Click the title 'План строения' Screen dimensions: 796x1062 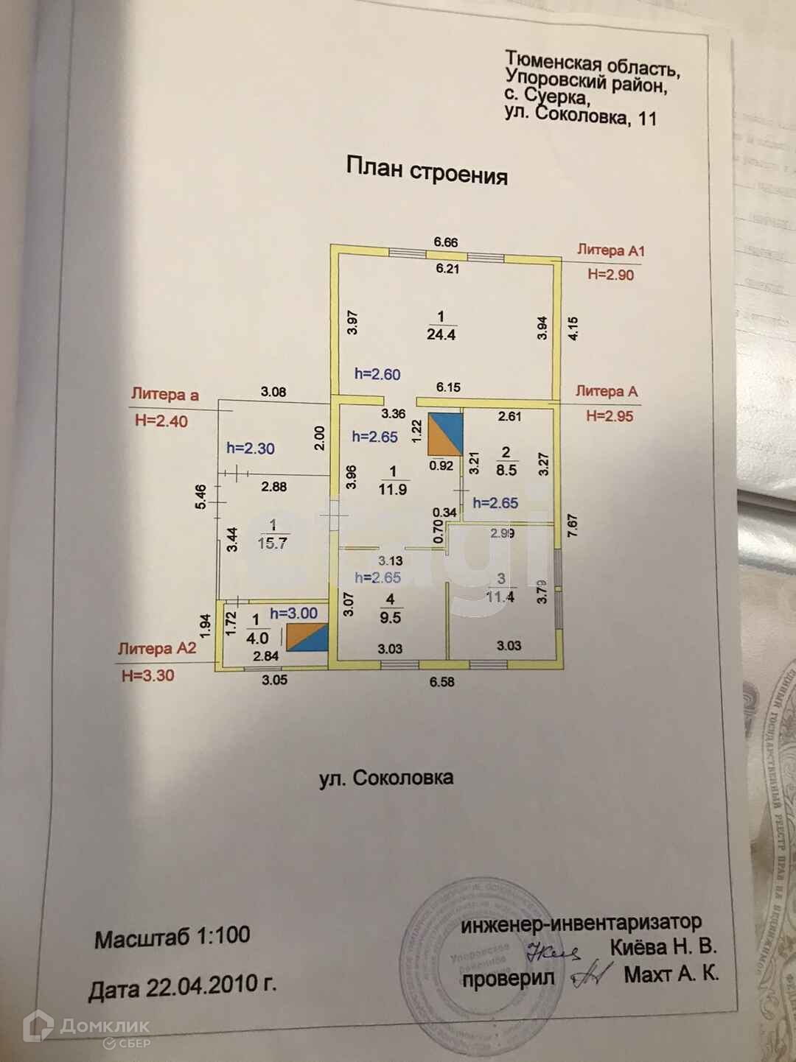tap(427, 170)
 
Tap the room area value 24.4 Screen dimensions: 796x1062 tap(441, 334)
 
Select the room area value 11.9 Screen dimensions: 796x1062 tap(392, 489)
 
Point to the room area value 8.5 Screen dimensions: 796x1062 tap(506, 470)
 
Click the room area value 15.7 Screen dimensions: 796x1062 tap(272, 544)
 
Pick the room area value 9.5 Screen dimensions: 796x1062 tap(390, 618)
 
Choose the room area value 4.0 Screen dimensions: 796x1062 tap(257, 638)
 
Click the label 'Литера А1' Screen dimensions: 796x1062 tap(610, 250)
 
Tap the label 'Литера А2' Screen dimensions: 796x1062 tap(157, 649)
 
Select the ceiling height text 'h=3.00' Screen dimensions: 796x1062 tap(293, 613)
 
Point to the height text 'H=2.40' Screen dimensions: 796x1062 tap(161, 421)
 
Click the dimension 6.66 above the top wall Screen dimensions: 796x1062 tap(445, 242)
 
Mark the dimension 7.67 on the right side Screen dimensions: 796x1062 tap(572, 525)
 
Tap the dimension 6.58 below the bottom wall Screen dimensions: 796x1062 tap(442, 682)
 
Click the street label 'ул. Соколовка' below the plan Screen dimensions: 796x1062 tap(386, 778)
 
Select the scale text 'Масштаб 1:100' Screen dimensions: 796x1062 tap(172, 938)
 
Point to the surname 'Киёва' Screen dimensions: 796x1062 tap(637, 947)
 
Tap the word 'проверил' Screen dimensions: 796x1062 tap(508, 979)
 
